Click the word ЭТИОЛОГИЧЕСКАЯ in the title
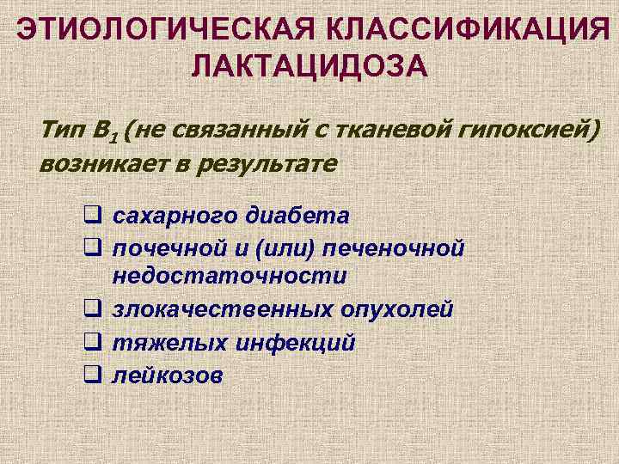(x=164, y=29)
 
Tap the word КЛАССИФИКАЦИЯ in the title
(x=464, y=29)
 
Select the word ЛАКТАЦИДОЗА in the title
(x=309, y=65)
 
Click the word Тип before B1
(x=63, y=131)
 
